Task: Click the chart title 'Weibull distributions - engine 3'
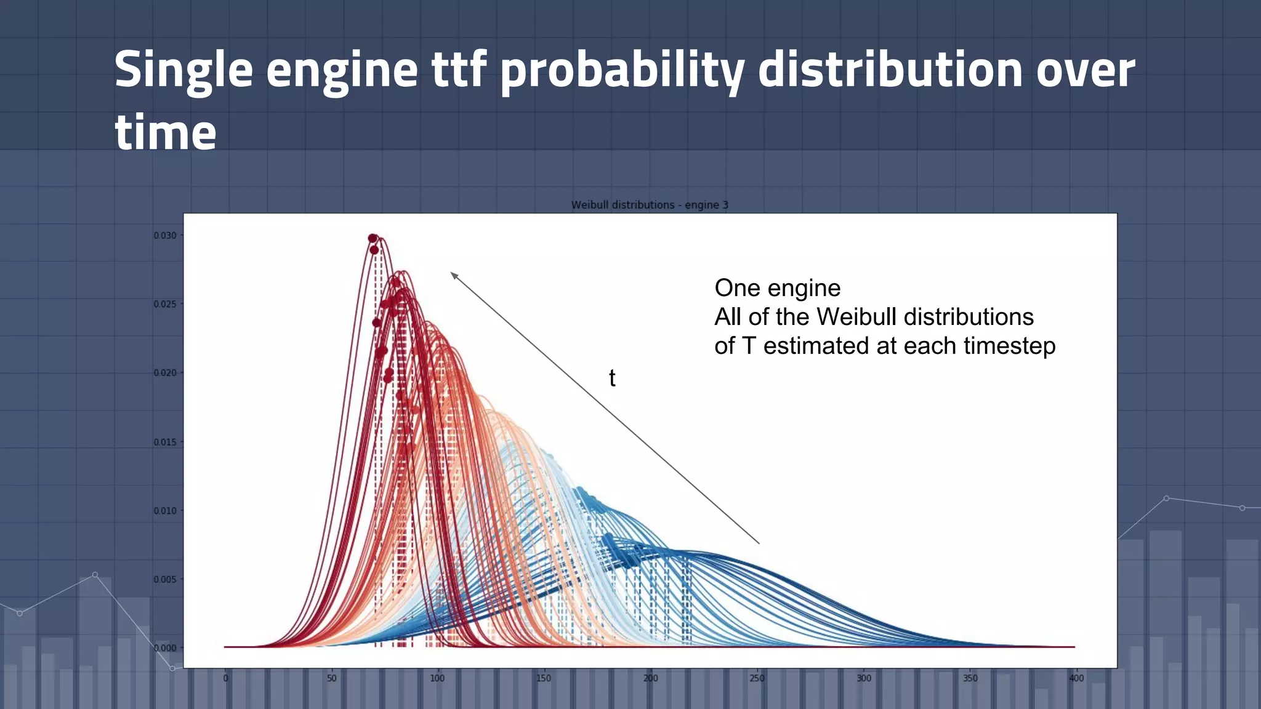650,205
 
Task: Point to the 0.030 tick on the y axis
165,236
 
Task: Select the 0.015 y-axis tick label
165,442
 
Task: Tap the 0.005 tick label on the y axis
165,579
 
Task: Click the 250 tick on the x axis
757,678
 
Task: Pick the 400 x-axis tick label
1076,678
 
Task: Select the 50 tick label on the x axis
332,678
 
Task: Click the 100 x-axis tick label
437,678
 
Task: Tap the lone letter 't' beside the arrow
612,378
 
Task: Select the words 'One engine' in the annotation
777,288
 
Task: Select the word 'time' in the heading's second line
166,132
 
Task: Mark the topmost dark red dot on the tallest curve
373,239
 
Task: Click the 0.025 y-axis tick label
165,304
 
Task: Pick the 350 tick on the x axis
970,678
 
